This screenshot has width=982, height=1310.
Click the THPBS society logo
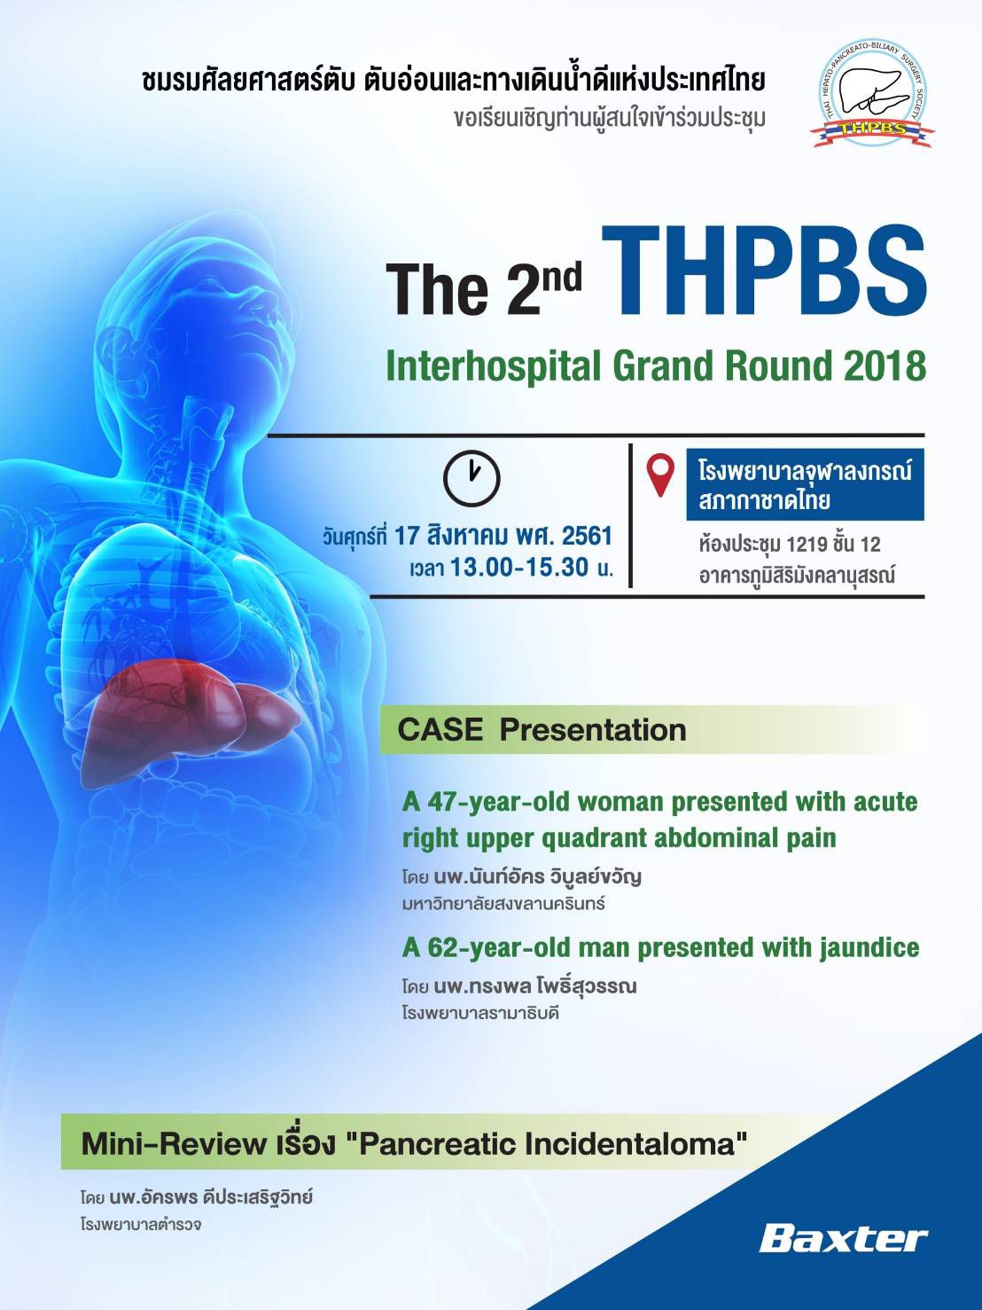pyautogui.click(x=872, y=96)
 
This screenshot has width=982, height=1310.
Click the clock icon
pyautogui.click(x=472, y=478)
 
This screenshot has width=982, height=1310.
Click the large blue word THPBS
pyautogui.click(x=764, y=273)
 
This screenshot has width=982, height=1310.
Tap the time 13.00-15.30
pyautogui.click(x=519, y=567)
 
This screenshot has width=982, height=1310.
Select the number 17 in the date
pyautogui.click(x=408, y=536)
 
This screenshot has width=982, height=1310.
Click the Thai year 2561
pyautogui.click(x=588, y=536)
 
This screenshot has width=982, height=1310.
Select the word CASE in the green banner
pyautogui.click(x=440, y=729)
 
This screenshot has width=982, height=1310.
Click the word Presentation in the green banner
pyautogui.click(x=593, y=730)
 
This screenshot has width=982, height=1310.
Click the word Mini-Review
pyautogui.click(x=174, y=1144)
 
